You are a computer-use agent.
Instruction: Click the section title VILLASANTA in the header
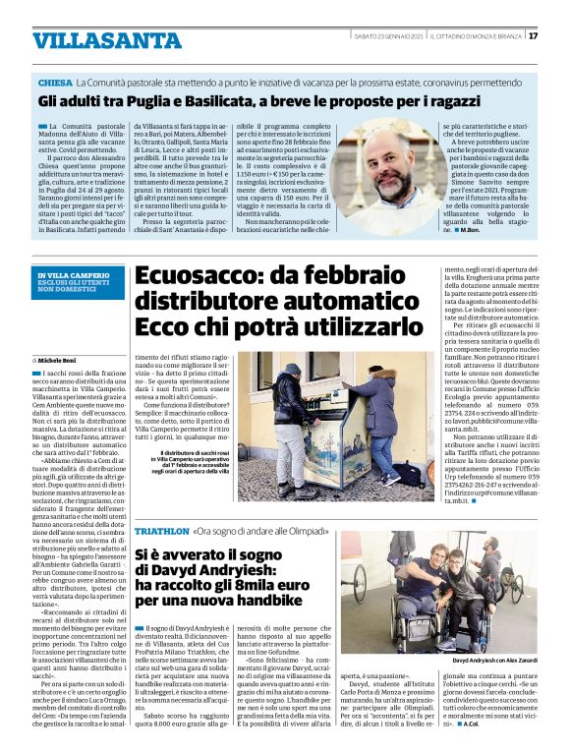(94, 40)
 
